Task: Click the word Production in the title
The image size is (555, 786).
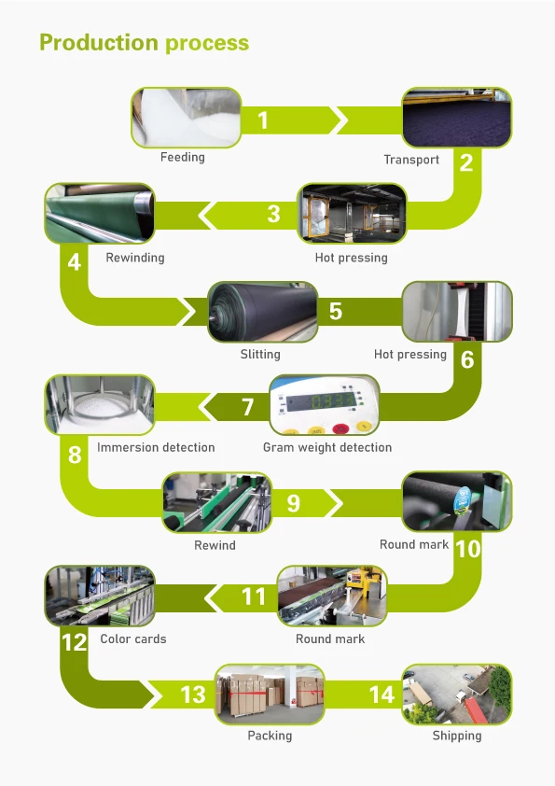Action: [99, 43]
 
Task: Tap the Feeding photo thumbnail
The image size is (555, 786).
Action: [187, 118]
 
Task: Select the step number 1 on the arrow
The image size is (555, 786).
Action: [263, 120]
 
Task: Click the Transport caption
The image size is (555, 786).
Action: [411, 160]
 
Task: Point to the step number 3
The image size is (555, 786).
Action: [273, 214]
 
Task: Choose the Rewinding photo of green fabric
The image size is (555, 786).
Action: [100, 214]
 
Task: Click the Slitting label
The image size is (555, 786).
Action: [260, 355]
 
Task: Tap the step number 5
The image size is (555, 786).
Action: [336, 311]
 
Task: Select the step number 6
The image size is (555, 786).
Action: [466, 359]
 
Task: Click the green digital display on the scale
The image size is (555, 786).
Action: [321, 401]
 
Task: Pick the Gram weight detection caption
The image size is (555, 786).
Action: [327, 448]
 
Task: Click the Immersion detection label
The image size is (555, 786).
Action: [156, 447]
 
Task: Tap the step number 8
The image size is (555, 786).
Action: [75, 456]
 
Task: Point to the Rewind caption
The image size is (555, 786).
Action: [215, 545]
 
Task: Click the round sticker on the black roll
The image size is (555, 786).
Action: [463, 499]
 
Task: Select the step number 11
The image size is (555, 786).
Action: [254, 597]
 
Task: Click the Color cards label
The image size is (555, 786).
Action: [133, 639]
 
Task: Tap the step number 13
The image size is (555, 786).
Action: [193, 695]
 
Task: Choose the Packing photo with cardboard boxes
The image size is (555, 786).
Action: [270, 695]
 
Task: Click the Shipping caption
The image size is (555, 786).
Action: [457, 737]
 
